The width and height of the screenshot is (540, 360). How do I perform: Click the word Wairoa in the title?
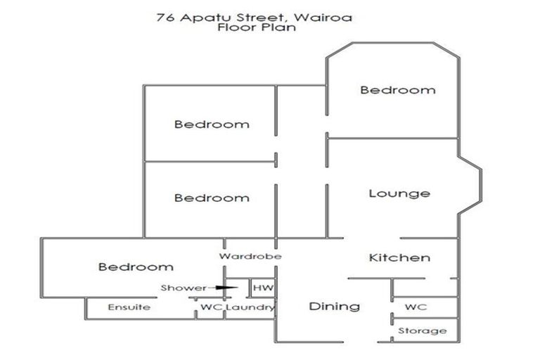point(327,17)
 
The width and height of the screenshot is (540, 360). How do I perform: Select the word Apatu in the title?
point(200,17)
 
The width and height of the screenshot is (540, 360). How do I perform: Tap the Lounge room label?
point(399,193)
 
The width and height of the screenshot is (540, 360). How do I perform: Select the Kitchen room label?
point(399,257)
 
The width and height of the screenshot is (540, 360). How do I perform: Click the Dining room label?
point(335,306)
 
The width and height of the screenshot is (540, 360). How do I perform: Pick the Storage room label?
point(423,330)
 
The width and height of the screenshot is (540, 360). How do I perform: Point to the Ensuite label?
point(129,307)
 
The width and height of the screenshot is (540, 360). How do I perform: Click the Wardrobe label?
point(250,257)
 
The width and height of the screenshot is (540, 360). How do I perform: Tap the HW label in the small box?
point(262,288)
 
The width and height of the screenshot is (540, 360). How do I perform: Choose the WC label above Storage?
point(416,307)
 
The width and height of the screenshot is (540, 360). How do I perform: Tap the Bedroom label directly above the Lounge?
point(398,90)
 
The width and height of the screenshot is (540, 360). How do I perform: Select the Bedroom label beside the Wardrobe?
point(136,266)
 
